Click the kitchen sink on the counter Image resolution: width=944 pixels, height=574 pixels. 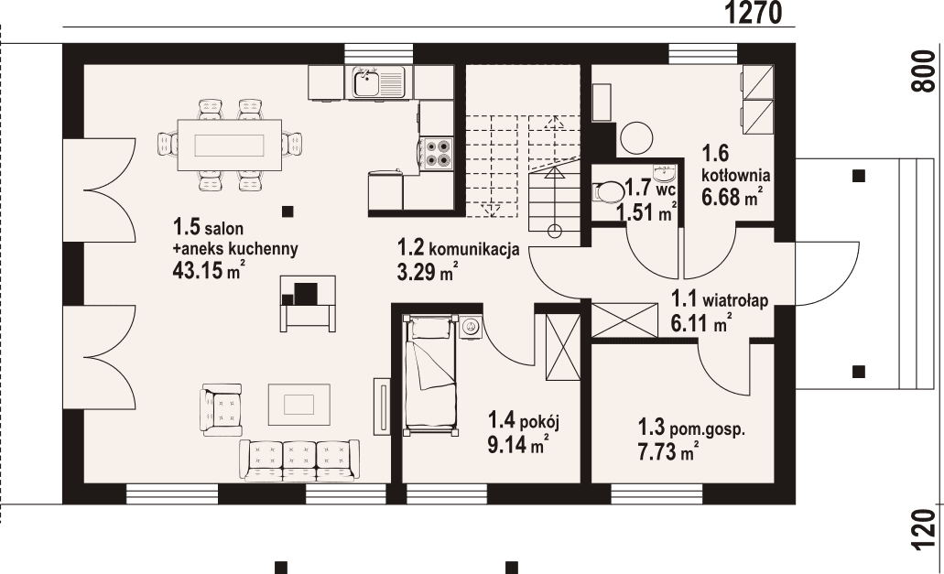pyautogui.click(x=376, y=82)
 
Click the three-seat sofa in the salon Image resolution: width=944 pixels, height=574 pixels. pyautogui.click(x=299, y=460)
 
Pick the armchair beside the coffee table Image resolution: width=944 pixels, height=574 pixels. pyautogui.click(x=224, y=406)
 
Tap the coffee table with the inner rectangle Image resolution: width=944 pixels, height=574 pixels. pyautogui.click(x=298, y=403)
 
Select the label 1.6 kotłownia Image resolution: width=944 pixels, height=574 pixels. pyautogui.click(x=735, y=164)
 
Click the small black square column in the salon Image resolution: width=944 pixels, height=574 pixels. pyautogui.click(x=288, y=211)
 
